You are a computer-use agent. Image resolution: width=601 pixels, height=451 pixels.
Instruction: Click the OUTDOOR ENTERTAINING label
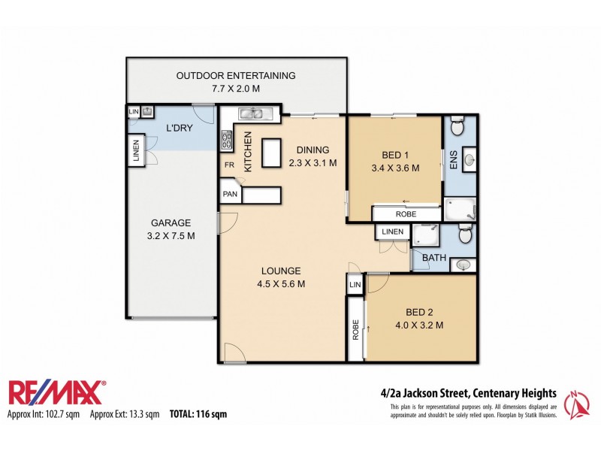point(236,76)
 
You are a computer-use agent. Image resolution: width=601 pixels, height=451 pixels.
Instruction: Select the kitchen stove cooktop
point(226,141)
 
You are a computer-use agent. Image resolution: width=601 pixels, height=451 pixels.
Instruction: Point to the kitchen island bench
point(269,152)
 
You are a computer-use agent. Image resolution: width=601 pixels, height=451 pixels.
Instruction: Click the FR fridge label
point(228,165)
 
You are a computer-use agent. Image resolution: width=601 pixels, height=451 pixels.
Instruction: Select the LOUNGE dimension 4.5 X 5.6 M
point(282,284)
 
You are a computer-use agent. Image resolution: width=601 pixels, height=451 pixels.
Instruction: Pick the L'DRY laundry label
point(180,128)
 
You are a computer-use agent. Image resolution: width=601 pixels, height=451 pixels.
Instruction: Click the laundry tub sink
point(134,112)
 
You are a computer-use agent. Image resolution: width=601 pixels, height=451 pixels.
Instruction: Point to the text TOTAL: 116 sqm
point(198,414)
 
